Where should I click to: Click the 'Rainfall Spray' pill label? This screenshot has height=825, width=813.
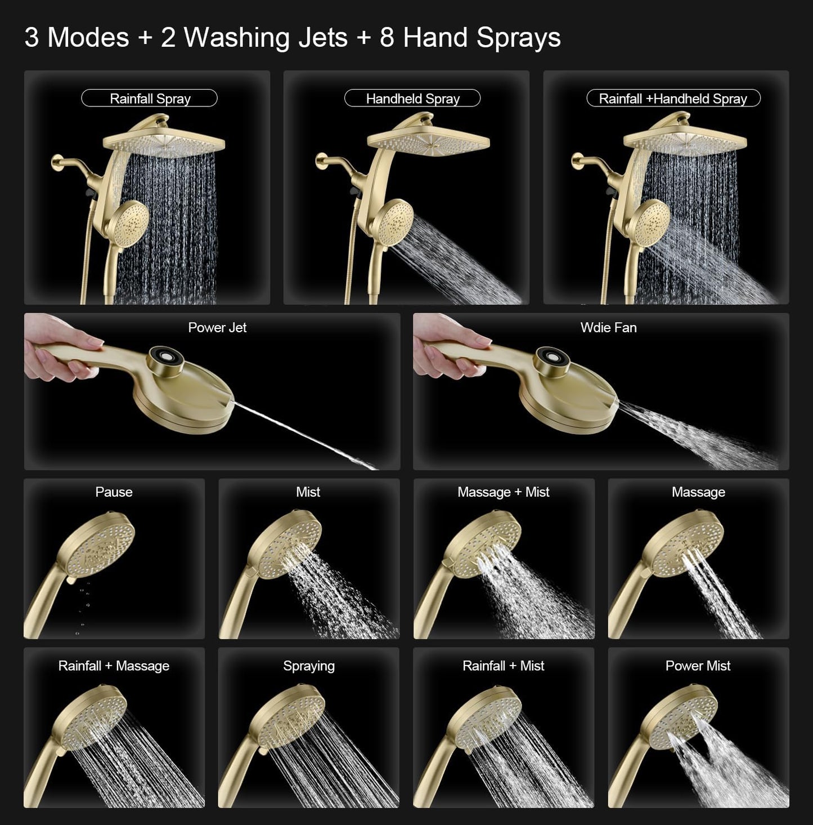(x=150, y=99)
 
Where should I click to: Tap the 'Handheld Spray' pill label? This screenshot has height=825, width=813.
(x=412, y=99)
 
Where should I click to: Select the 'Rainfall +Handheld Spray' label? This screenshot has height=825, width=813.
(x=673, y=99)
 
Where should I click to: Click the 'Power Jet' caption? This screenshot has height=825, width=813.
(x=217, y=328)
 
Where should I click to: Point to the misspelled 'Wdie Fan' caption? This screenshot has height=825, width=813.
(x=608, y=328)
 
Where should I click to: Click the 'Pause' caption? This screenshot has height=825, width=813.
(x=114, y=492)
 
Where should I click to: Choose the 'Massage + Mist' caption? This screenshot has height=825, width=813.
(x=503, y=492)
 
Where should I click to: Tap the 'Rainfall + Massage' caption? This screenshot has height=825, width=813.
(x=114, y=666)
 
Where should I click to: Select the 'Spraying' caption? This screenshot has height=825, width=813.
(x=308, y=666)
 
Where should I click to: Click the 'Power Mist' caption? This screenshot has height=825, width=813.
(x=698, y=666)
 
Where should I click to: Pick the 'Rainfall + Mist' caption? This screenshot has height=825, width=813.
(x=503, y=666)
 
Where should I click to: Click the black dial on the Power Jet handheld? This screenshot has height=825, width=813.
(x=165, y=359)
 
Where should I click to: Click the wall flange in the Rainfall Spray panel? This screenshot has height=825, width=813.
(x=57, y=163)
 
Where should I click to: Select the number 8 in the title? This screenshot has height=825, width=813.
(x=387, y=38)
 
